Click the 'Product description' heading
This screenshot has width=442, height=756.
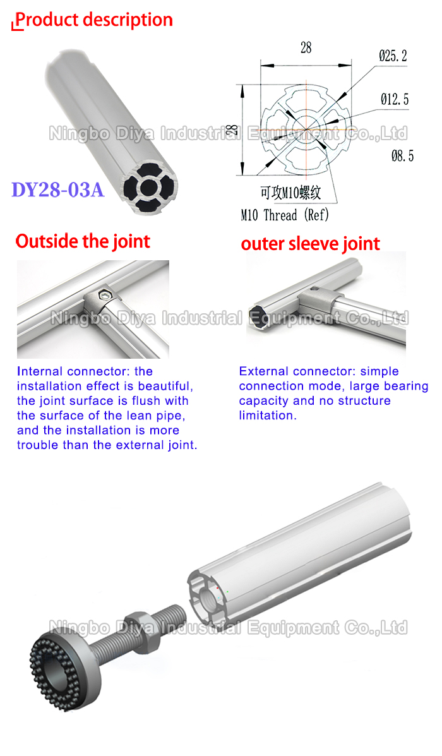click(93, 20)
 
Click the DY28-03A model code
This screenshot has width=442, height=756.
click(57, 189)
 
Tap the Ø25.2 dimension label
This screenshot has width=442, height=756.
click(393, 56)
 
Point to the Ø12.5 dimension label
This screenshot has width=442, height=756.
click(395, 99)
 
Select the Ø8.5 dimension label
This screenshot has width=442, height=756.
click(402, 155)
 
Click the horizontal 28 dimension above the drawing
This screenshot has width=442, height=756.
click(306, 48)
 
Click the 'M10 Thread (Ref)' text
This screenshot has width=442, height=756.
click(285, 215)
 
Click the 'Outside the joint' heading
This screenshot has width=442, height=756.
click(83, 241)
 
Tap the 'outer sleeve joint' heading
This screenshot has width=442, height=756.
click(311, 244)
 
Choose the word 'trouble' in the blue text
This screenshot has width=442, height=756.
click(40, 445)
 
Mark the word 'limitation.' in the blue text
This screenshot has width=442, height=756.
click(267, 416)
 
